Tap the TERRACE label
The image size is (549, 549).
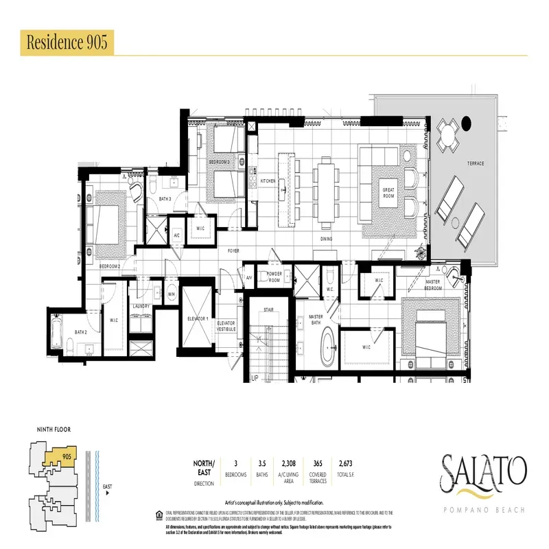[x=476, y=163]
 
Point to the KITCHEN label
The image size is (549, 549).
[x=268, y=180]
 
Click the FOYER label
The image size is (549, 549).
[x=234, y=251]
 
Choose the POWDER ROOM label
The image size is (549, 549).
[x=274, y=276]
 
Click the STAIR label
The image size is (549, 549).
[x=269, y=309]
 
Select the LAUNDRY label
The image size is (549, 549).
[x=141, y=306]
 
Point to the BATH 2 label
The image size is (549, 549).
[x=81, y=332]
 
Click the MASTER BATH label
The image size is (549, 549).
[x=316, y=319]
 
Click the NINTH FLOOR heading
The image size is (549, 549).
[x=54, y=430]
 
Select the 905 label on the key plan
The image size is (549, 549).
[x=67, y=456]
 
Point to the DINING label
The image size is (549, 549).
[x=326, y=239]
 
